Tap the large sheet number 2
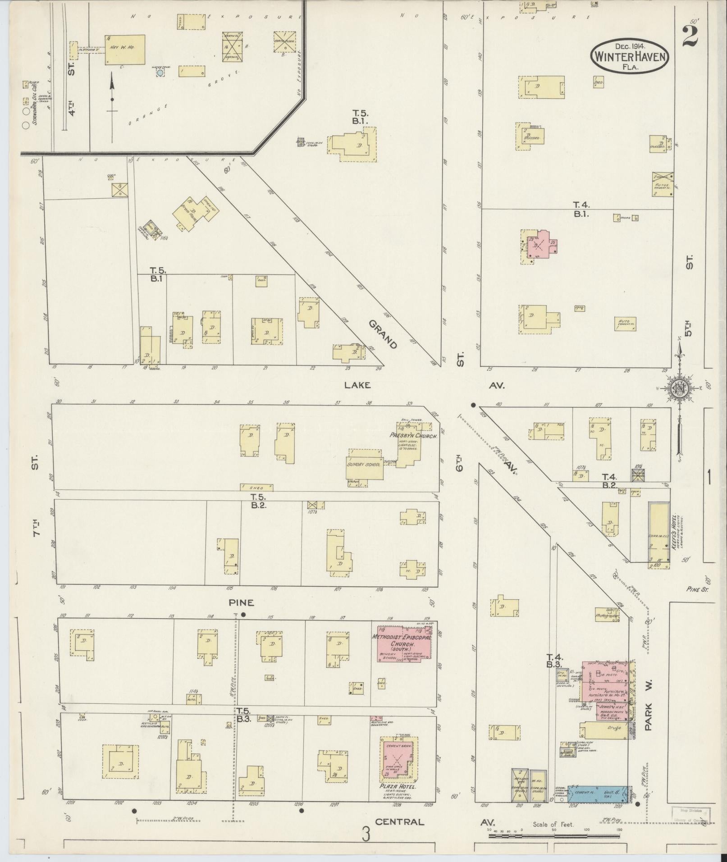click(689, 36)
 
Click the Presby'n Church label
click(413, 436)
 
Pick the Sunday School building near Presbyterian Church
click(364, 464)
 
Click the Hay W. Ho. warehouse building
click(125, 50)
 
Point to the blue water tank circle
click(160, 72)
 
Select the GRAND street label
click(383, 334)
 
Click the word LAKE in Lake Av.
click(357, 385)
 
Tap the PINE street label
click(241, 602)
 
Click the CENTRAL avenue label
click(399, 821)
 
